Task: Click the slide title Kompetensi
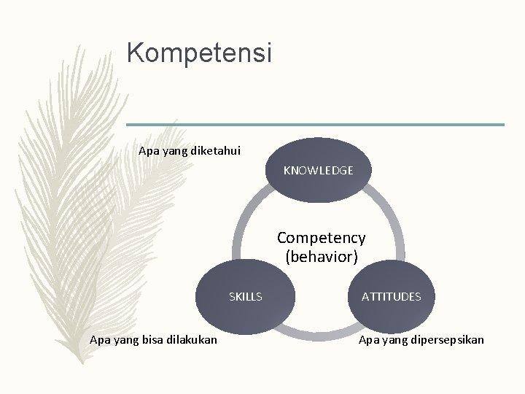click(198, 53)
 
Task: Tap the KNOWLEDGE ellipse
click(318, 170)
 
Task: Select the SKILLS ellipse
click(246, 296)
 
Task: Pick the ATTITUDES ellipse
click(391, 296)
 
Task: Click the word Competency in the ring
click(321, 238)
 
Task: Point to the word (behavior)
click(321, 256)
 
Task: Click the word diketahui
click(215, 151)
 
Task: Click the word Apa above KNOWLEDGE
click(148, 151)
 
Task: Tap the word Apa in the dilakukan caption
click(98, 339)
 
